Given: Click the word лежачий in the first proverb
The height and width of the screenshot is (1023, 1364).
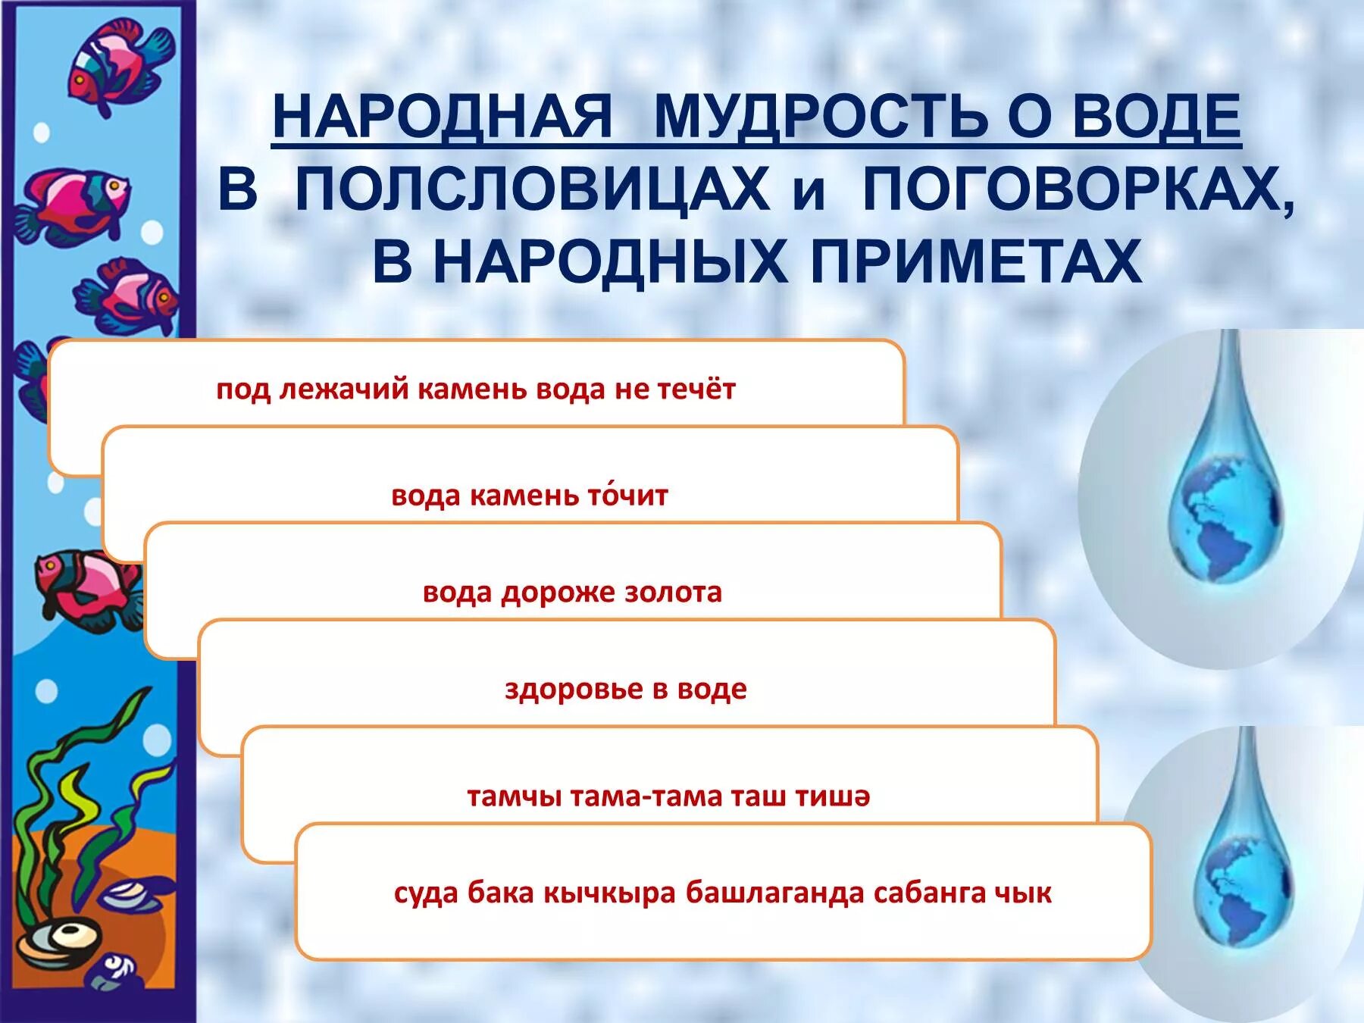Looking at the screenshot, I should pyautogui.click(x=345, y=389).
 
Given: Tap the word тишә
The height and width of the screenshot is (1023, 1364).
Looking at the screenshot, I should pyautogui.click(x=832, y=796).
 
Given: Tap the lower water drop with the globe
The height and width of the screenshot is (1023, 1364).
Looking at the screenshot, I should pyautogui.click(x=1240, y=871).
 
